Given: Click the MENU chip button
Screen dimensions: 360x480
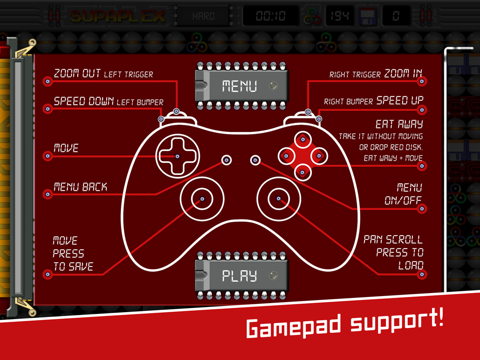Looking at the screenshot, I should (x=240, y=86).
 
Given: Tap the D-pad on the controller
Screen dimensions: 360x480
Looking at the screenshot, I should (x=177, y=156).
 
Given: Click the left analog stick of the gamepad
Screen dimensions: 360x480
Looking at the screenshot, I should (x=202, y=199).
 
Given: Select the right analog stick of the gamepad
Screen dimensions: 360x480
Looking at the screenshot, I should (x=278, y=199).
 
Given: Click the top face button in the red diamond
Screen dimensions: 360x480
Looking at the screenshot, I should (x=303, y=140).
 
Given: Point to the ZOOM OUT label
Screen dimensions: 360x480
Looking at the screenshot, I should (x=77, y=73).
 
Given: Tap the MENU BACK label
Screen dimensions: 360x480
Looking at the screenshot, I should (x=80, y=187).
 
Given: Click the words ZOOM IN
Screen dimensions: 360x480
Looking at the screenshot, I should (x=403, y=73).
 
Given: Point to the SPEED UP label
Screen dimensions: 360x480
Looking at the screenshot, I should (x=400, y=100).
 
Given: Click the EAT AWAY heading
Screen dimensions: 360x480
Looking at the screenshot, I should (x=399, y=124).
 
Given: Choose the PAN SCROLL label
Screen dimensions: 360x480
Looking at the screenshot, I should (x=393, y=239).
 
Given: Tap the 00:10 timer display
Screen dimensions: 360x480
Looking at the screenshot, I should (x=270, y=16).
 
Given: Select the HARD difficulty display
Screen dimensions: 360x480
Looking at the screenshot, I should (x=203, y=16).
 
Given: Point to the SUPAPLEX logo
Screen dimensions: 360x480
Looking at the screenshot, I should (x=117, y=16).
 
